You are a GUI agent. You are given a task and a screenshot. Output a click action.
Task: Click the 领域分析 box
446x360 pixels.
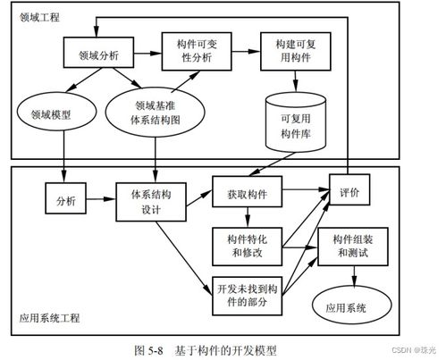point(101,54)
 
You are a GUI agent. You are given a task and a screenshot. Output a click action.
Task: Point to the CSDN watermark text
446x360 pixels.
point(412,352)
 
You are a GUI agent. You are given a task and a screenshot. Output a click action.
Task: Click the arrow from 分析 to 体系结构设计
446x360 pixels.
point(101,197)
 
